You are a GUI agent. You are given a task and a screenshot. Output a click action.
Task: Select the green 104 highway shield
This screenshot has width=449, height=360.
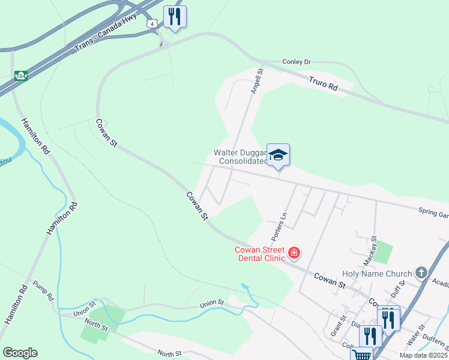tap(21, 76)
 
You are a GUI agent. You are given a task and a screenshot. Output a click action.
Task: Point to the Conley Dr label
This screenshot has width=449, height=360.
tap(296, 62)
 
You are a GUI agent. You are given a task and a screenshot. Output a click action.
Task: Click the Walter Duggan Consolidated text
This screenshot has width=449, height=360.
tap(240, 157)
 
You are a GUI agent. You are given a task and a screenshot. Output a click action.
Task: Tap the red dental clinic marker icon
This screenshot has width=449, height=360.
tap(294, 253)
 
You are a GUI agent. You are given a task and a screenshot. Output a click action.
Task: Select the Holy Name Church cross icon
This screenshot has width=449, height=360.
tap(421, 273)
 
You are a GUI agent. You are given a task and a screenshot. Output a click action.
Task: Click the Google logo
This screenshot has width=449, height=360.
tap(20, 353)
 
